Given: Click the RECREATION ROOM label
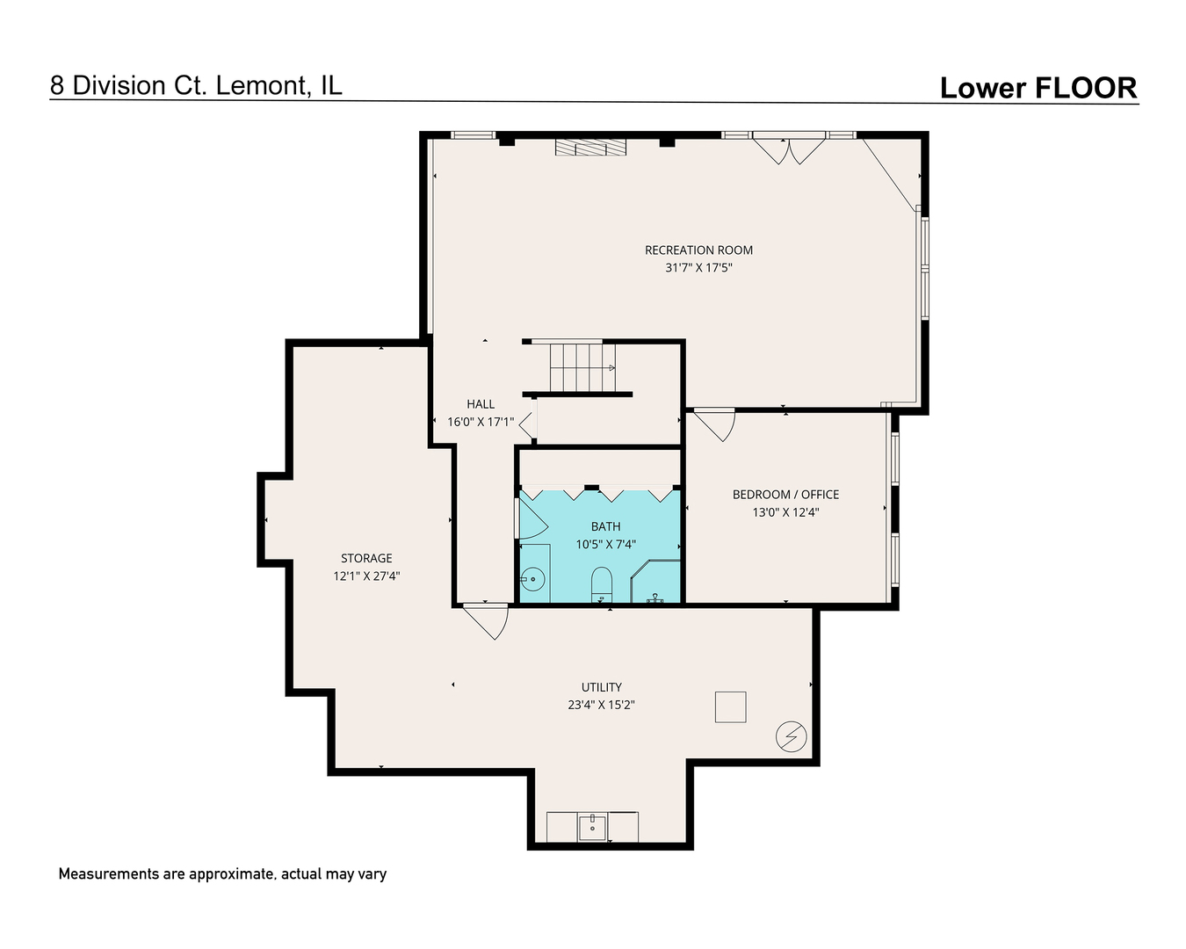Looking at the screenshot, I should [698, 250].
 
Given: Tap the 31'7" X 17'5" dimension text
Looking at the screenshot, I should [698, 268].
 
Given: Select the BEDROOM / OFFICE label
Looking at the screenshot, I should [785, 495].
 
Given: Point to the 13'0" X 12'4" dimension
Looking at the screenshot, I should [785, 512].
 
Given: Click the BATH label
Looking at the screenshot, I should [605, 526].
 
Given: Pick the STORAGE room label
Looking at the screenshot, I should [366, 558].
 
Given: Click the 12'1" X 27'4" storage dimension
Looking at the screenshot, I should [366, 576].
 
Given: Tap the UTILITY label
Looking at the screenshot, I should [601, 687].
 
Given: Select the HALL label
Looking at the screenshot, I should [481, 404].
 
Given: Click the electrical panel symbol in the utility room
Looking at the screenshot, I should [791, 736].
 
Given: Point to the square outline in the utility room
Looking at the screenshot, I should [730, 706].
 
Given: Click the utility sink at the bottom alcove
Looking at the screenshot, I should [592, 827].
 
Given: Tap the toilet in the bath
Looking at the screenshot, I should [602, 583].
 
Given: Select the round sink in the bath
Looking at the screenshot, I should [532, 578].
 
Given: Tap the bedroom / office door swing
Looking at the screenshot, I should [716, 424].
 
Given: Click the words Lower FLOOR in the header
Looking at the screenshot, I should [1038, 88].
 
